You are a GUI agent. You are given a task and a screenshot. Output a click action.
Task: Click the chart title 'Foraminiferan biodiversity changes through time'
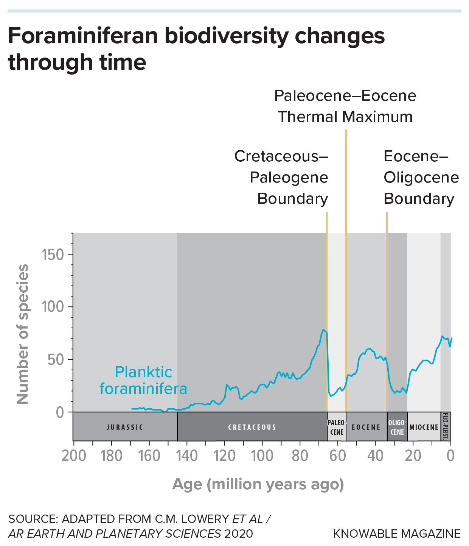point(196,49)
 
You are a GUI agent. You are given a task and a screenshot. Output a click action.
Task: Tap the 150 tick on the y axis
point(53,255)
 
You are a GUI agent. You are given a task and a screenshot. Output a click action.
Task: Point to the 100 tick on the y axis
point(53,307)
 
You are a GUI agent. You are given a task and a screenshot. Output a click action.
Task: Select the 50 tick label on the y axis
point(56,359)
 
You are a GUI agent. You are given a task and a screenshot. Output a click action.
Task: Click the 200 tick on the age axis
point(74,456)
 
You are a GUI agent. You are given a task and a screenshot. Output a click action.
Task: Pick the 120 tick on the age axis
point(225,456)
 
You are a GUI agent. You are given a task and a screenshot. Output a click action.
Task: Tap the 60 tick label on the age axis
point(338,456)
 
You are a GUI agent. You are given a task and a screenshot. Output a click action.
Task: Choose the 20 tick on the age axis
point(413,456)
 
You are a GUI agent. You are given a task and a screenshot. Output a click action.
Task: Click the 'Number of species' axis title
point(23,334)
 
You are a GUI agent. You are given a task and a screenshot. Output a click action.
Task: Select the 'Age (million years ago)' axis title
point(258,484)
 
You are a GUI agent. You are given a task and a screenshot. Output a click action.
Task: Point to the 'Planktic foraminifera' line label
point(143,381)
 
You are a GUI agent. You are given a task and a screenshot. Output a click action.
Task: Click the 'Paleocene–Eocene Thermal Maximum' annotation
point(345,106)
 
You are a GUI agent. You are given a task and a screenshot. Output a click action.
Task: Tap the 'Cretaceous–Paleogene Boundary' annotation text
point(281,178)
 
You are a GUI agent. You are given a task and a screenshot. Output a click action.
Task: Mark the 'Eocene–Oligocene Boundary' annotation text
point(421,178)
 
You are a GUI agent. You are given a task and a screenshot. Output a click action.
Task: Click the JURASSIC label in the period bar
point(125,427)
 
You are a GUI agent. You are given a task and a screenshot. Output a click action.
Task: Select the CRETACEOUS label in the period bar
point(252,427)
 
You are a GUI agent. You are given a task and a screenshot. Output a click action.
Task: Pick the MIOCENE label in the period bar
point(424,427)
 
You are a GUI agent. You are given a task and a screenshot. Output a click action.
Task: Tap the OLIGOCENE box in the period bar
point(397,427)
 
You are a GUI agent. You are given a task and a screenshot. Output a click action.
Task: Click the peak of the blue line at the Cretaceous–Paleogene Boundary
point(323,330)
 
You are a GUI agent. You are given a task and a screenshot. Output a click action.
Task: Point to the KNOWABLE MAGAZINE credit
point(397,534)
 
